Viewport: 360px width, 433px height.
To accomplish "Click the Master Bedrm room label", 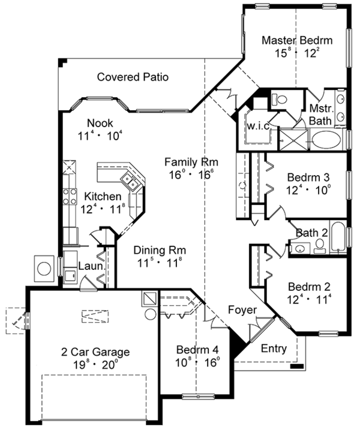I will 297,41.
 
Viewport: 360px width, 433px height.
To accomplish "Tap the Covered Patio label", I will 133,77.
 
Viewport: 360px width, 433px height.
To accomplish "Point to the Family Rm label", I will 191,162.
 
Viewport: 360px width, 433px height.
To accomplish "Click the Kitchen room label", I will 104,197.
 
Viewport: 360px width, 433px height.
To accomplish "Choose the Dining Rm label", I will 159,249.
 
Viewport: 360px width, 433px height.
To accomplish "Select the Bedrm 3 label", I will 309,178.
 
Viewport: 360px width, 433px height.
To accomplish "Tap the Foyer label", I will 242,309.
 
